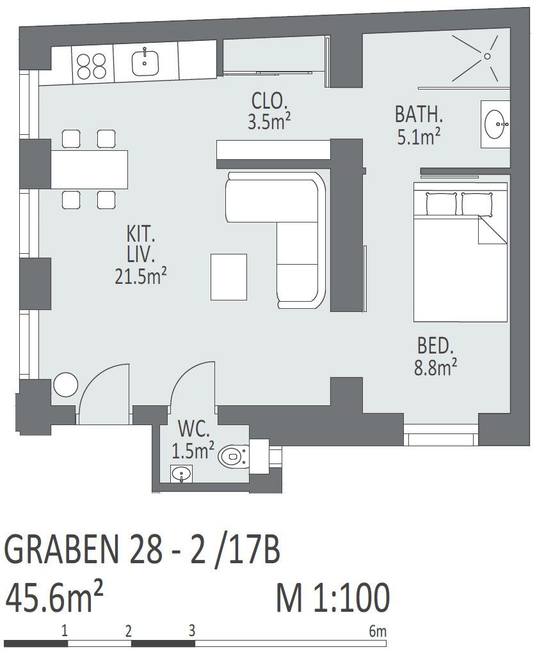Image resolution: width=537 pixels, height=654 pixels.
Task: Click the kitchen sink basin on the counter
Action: [x=145, y=63]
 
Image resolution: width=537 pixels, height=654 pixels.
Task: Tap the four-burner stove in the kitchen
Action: [x=92, y=65]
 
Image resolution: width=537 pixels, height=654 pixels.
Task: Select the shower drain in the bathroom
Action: [x=487, y=56]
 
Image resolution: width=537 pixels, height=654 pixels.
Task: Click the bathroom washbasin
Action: [x=495, y=124]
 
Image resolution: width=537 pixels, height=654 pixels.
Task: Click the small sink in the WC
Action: [x=182, y=474]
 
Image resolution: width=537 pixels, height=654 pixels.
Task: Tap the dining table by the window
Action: [x=90, y=169]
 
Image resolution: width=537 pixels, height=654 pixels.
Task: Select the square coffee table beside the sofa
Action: [x=228, y=277]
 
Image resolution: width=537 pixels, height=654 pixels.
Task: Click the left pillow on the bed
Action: [x=441, y=203]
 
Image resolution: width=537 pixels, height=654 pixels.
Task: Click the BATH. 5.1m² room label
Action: [x=419, y=125]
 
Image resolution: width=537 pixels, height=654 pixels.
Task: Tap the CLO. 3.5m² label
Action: [x=269, y=111]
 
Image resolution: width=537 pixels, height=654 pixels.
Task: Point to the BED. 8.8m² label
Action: [x=435, y=357]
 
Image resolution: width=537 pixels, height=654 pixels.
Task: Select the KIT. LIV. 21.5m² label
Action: [x=141, y=255]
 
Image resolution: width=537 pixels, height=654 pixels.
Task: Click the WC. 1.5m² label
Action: [x=193, y=439]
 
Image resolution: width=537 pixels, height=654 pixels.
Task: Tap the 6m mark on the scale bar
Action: [x=378, y=631]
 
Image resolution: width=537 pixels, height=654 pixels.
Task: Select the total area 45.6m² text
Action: [x=54, y=597]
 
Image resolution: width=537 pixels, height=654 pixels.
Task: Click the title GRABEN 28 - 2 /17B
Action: [x=142, y=550]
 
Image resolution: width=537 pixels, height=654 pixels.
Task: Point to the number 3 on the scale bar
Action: [x=191, y=630]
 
